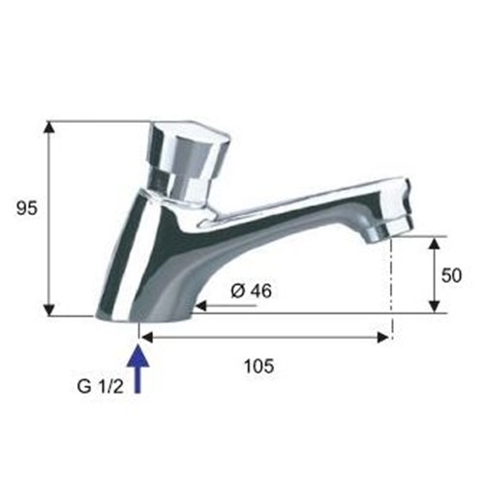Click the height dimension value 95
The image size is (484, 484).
coord(27,207)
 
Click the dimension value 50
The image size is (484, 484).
coord(452,275)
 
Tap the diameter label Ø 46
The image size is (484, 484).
coord(251,289)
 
